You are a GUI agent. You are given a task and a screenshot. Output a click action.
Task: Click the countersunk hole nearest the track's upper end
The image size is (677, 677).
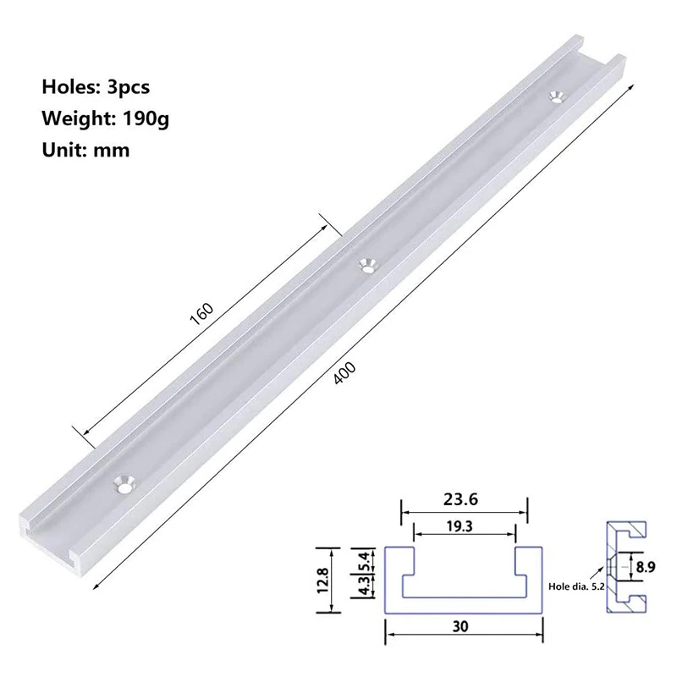(x=556, y=97)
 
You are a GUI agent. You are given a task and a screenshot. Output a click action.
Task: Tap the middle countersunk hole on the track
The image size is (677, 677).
(x=367, y=265)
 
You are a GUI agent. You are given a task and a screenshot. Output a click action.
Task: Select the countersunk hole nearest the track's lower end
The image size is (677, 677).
(x=124, y=484)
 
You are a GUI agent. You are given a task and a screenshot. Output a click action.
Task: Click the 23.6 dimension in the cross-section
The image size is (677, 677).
(x=464, y=499)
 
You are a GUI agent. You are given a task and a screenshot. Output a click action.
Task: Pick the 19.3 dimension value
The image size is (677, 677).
(x=464, y=526)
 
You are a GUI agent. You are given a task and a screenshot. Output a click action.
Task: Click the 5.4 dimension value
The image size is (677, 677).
(x=364, y=559)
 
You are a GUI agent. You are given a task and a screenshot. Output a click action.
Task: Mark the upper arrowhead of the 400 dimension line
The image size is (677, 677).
(x=630, y=85)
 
